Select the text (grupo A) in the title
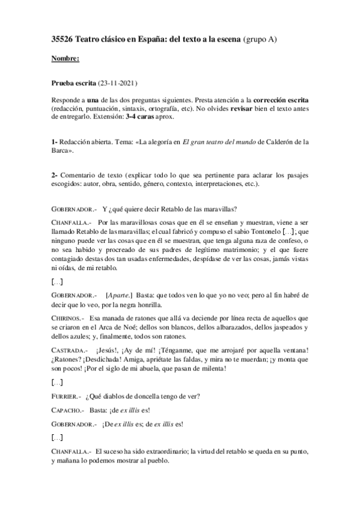[264, 39]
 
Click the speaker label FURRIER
[66, 397]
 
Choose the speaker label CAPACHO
[67, 410]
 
